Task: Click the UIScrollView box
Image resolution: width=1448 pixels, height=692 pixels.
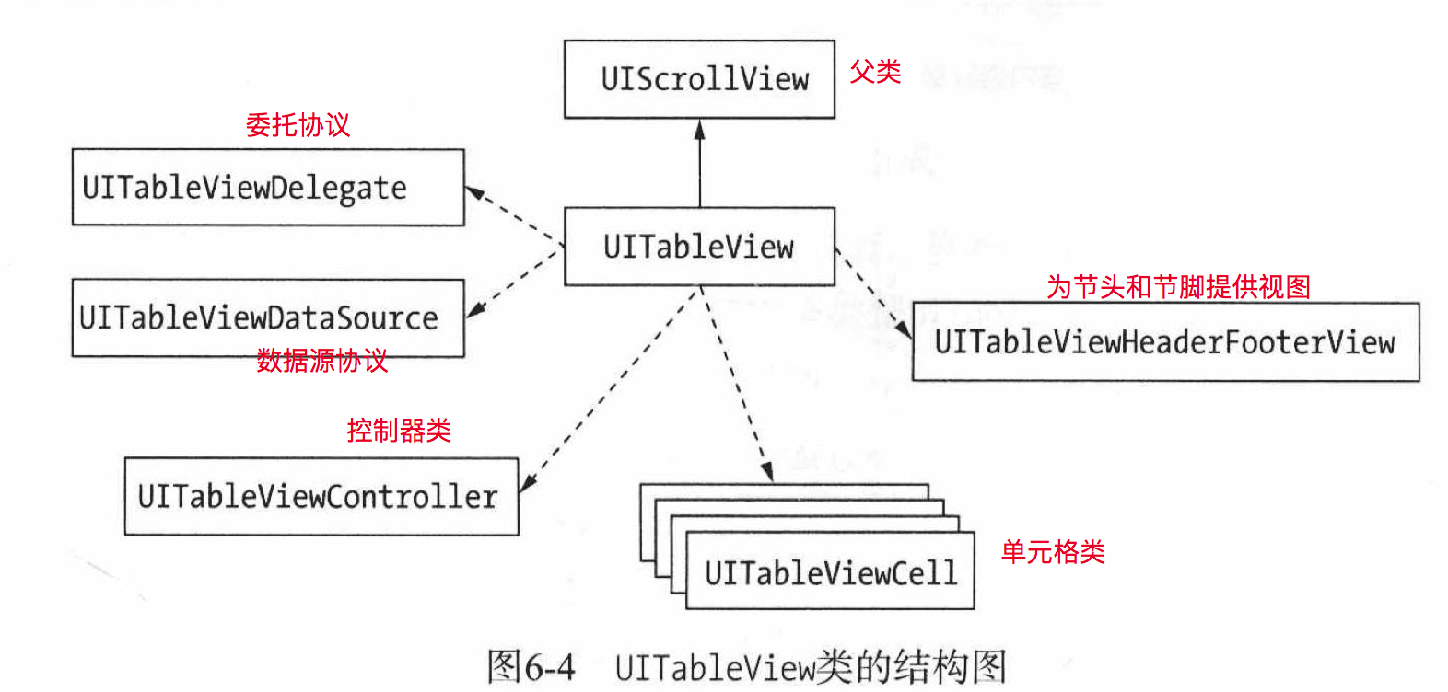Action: (x=699, y=79)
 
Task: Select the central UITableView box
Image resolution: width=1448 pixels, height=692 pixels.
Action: (x=699, y=247)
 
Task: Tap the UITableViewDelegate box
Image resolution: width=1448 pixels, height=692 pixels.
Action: (x=268, y=188)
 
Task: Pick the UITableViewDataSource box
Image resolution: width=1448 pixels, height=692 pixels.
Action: (x=268, y=317)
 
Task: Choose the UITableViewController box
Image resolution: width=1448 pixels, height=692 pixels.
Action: (x=321, y=497)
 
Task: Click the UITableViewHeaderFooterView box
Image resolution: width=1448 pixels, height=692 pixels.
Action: (x=1165, y=342)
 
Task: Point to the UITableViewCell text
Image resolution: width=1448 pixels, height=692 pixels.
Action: (x=830, y=573)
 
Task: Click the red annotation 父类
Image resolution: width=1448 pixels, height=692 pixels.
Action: (x=875, y=72)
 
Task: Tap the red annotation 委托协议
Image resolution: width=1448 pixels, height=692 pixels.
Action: (x=298, y=125)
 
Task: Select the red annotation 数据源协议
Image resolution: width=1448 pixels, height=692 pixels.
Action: (x=321, y=361)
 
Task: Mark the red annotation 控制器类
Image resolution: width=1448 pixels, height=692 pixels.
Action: (x=399, y=430)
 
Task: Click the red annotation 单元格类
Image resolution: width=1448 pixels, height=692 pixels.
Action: (x=1053, y=552)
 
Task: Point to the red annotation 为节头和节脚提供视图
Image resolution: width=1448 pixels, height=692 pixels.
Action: (x=1178, y=287)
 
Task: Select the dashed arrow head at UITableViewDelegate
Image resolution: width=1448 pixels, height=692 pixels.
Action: (x=474, y=192)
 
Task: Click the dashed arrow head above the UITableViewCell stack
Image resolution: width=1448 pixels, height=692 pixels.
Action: (x=765, y=470)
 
